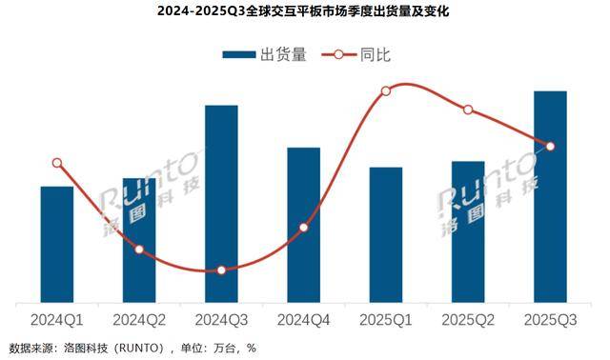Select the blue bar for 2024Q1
pos(57,243)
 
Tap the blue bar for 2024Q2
pos(139,238)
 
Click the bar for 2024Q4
pos(303,224)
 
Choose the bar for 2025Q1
pos(386,233)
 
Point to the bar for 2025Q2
pos(468,230)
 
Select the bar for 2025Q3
pos(550,195)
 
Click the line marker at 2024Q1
pos(57,163)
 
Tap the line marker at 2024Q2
pos(139,250)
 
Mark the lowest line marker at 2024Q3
pos(221,270)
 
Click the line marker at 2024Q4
pos(303,228)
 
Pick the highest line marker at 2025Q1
pos(386,91)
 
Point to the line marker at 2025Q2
pos(468,110)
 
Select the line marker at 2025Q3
pos(550,146)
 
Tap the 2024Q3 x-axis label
pos(221,319)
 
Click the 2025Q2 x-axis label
pos(468,319)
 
